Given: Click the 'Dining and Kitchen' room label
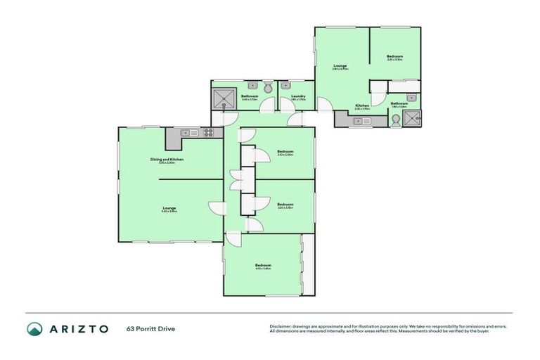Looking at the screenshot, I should click(167, 160).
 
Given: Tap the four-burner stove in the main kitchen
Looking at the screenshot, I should click(208, 132).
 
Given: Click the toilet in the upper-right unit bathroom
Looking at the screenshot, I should click(396, 120).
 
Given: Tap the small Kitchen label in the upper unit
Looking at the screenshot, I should click(361, 105).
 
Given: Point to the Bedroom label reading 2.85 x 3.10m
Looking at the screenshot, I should click(394, 57).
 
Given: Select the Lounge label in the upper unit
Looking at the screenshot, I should click(340, 66).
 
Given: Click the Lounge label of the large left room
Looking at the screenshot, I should click(169, 208).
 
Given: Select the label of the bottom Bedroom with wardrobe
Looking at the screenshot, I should click(263, 265).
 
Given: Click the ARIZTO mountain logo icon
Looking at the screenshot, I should click(34, 328).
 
